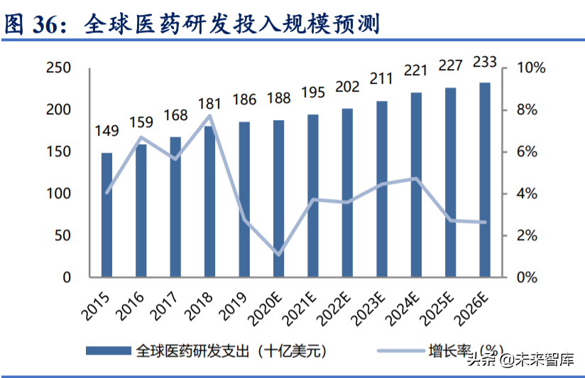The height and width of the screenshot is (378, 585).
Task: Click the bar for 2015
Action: [106, 215]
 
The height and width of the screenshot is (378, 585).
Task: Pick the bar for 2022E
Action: [347, 193]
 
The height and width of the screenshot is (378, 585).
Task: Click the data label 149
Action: [106, 131]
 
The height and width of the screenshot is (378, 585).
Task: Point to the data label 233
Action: [484, 63]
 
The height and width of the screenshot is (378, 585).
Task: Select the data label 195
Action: [312, 92]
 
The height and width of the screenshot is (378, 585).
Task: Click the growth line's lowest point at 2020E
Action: [278, 254]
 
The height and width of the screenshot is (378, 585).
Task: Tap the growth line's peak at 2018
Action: [209, 116]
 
